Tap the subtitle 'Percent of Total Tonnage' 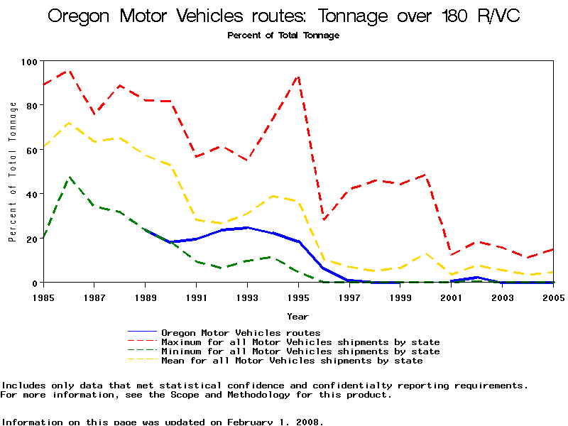pos(283,35)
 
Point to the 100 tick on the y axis pos(28,62)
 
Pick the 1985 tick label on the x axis pos(44,296)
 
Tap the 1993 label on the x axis pos(247,296)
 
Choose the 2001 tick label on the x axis pos(451,296)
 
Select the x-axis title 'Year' pos(297,316)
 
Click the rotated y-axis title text pos(13,172)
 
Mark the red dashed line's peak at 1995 pos(298,76)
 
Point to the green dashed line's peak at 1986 pos(69,177)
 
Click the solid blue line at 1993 pos(247,228)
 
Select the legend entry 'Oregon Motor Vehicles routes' pos(241,332)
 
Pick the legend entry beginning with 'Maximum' pos(300,342)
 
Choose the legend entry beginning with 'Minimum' pos(300,351)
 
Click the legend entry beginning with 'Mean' pos(292,361)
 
